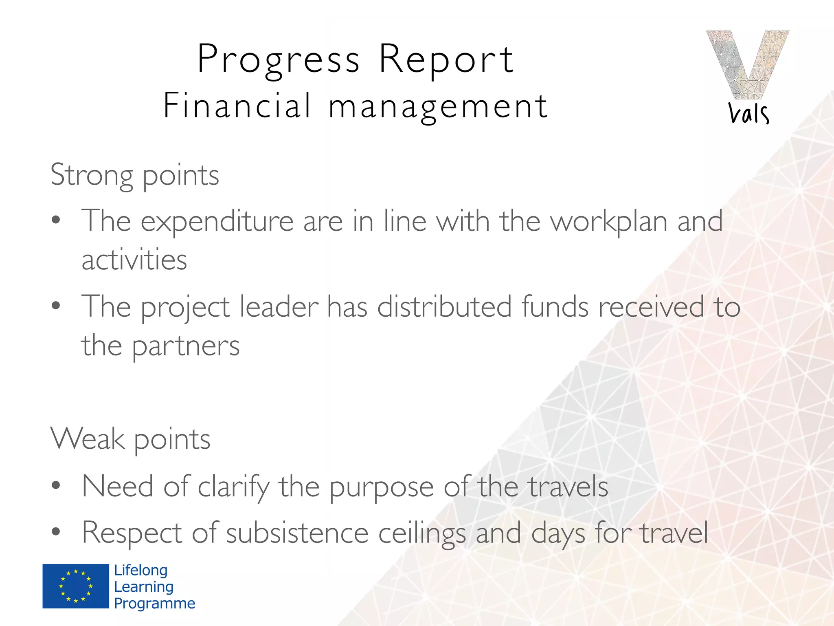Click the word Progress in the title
[x=278, y=60]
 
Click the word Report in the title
[x=446, y=60]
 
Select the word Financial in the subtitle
[x=237, y=106]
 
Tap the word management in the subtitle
[x=438, y=107]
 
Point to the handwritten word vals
[x=748, y=113]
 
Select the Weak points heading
[x=130, y=439]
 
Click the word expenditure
[x=217, y=222]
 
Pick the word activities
[x=134, y=260]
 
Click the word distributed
[x=444, y=306]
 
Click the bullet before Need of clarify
[x=56, y=485]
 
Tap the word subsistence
[x=297, y=533]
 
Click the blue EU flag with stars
[x=76, y=586]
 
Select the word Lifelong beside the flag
[x=140, y=570]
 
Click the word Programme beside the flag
[x=154, y=604]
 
